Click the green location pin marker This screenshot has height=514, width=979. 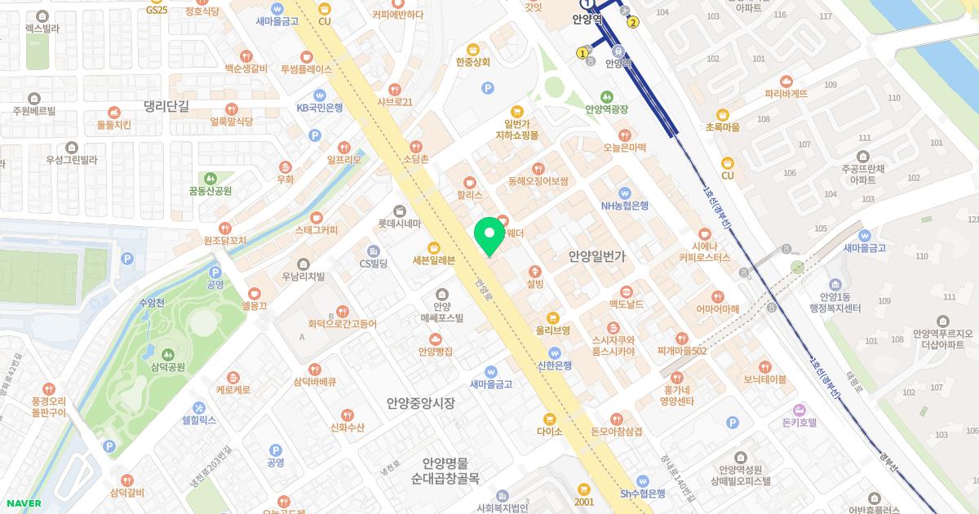tap(489, 237)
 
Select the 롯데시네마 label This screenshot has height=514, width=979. tap(399, 224)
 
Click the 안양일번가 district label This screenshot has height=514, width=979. tap(596, 256)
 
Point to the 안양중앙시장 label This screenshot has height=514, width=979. tap(420, 403)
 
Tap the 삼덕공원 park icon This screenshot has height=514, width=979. tap(167, 354)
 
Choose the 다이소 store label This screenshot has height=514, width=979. tap(550, 432)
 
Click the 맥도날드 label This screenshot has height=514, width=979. tap(627, 304)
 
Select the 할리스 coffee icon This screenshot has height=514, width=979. tap(470, 183)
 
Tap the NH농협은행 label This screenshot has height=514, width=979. tap(624, 206)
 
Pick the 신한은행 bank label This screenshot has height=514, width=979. tap(555, 365)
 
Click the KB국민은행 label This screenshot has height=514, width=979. tap(319, 107)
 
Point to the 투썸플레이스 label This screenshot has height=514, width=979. tap(306, 69)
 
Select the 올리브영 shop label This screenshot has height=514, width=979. tap(552, 330)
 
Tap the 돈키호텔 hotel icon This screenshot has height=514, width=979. tap(800, 409)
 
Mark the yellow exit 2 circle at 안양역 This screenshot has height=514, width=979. tap(633, 22)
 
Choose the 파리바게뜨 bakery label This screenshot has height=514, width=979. tap(786, 94)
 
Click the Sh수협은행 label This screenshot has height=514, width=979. tap(643, 493)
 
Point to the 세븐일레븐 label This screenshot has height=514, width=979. tap(433, 260)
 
